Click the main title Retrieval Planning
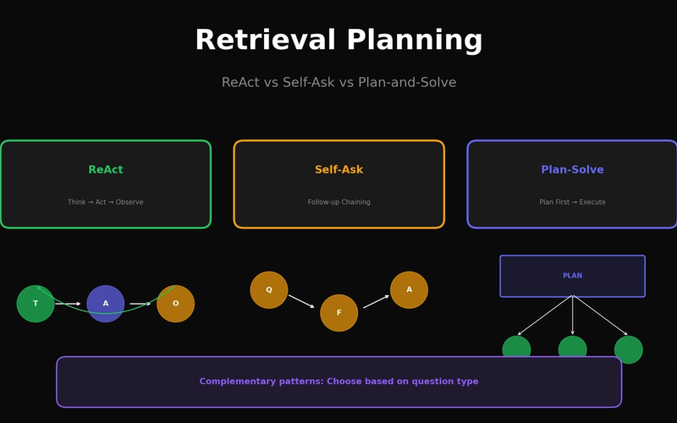(338, 41)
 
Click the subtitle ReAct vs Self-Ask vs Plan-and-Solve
(338, 83)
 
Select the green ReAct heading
(106, 170)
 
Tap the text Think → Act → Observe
(106, 202)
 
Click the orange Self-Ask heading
(338, 170)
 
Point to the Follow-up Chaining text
(338, 202)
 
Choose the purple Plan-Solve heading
(572, 170)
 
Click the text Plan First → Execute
(572, 202)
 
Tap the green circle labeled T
(36, 304)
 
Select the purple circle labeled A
(106, 304)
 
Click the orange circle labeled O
(175, 304)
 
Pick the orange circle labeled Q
(269, 290)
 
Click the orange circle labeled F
(338, 313)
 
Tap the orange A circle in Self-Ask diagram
(409, 290)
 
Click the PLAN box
(572, 276)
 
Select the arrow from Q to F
(301, 301)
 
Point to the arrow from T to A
(69, 304)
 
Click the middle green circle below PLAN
(572, 348)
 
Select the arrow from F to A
(376, 301)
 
